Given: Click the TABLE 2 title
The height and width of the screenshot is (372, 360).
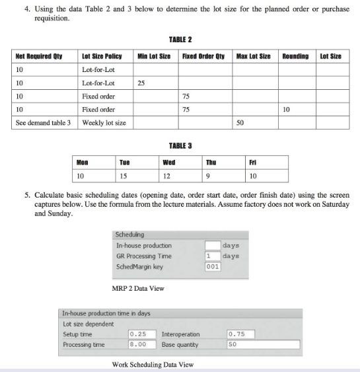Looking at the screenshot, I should (180, 39).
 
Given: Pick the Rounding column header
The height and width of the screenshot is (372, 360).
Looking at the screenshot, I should (295, 57).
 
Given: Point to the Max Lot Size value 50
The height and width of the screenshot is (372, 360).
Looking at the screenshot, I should (241, 123).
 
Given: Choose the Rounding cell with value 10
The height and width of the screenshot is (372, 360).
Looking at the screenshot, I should (285, 110).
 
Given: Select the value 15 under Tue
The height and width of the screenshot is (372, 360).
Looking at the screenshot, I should (123, 176).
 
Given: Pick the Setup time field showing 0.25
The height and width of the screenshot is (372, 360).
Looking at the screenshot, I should (141, 334).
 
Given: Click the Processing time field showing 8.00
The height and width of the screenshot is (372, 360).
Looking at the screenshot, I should (141, 344).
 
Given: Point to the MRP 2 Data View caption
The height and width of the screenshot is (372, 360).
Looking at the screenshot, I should (138, 289).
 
